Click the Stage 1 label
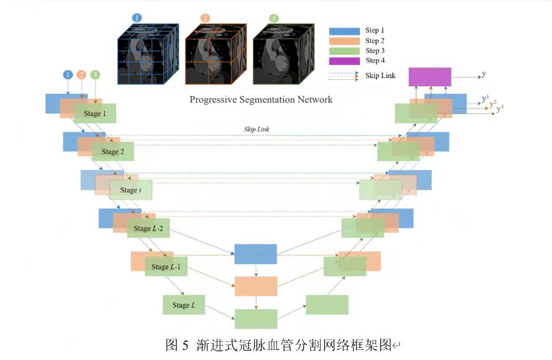tap(95, 114)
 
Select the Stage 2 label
tap(112, 152)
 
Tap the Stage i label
tap(131, 190)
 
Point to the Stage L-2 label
tap(148, 228)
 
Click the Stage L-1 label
tap(166, 267)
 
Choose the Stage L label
tap(184, 305)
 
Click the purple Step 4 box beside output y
tap(430, 77)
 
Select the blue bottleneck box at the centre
tap(255, 254)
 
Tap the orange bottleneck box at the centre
tap(256, 286)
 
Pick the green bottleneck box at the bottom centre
tap(256, 319)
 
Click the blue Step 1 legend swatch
tap(344, 31)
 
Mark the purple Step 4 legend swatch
tap(344, 61)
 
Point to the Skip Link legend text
tap(380, 75)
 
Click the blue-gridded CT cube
tap(148, 54)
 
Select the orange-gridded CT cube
tap(216, 54)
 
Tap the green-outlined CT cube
tap(283, 54)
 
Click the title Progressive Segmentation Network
tap(261, 100)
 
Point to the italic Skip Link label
tap(257, 129)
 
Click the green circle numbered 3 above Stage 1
tap(95, 75)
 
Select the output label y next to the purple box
tap(484, 74)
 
